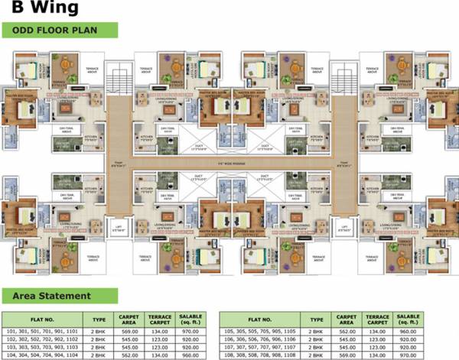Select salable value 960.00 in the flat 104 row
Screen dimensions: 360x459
[191, 355]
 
